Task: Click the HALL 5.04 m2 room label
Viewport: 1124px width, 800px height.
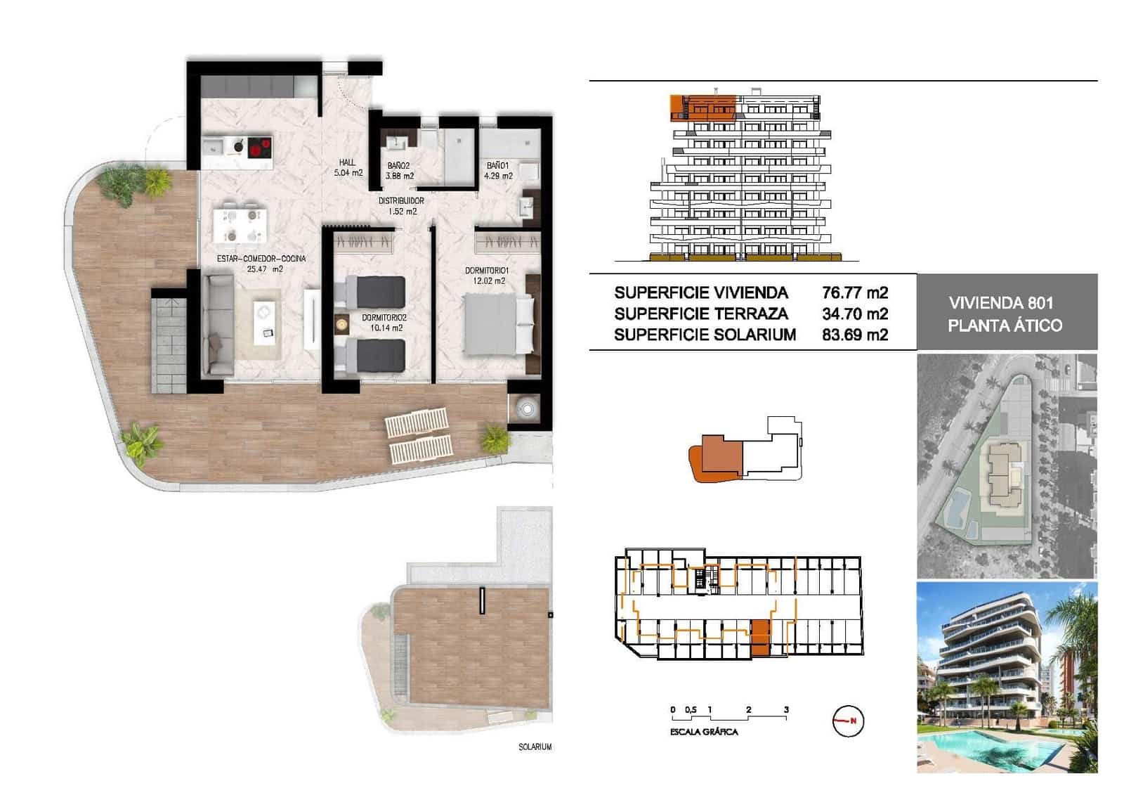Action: click(x=348, y=167)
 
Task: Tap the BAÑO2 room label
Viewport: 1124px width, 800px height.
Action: click(x=399, y=171)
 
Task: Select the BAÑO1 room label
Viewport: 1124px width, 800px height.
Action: click(x=499, y=171)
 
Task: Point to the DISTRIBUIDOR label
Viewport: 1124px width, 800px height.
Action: click(x=401, y=205)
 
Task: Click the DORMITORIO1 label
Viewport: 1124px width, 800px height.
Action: click(x=487, y=276)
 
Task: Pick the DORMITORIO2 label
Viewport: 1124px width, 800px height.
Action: click(x=384, y=323)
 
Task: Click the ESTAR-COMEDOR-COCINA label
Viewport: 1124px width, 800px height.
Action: click(x=261, y=263)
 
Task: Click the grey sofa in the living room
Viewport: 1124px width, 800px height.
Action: click(x=218, y=325)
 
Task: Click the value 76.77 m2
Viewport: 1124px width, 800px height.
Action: click(x=855, y=292)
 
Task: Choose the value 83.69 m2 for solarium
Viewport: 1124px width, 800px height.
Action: click(x=855, y=335)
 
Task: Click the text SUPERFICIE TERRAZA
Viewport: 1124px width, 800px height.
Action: click(x=700, y=314)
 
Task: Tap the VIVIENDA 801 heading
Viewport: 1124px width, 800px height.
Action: click(x=1001, y=303)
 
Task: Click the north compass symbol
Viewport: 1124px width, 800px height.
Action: click(x=848, y=721)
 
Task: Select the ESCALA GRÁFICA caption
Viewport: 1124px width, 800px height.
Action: click(x=704, y=732)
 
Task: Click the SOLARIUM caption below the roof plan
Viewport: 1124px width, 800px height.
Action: click(x=535, y=747)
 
